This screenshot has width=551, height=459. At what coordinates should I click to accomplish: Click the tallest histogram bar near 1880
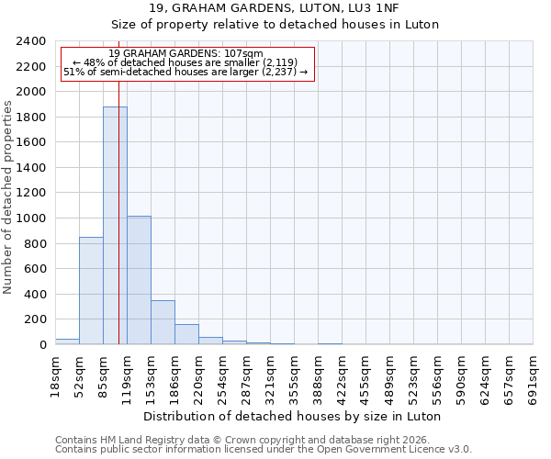pos(115,226)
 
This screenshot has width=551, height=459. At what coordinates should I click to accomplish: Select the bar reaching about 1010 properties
pos(139,280)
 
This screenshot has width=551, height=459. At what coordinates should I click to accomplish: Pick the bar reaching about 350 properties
pos(163,322)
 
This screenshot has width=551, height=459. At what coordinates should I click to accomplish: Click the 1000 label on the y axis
pos(32,218)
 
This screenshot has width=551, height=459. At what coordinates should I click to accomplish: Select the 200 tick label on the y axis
pos(36,319)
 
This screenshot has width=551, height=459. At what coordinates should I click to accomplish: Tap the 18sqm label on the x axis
pos(56,376)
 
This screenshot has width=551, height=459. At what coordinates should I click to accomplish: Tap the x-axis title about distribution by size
pos(294,416)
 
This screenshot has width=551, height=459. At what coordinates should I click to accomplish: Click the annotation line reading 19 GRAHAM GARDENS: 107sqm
pos(186,54)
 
